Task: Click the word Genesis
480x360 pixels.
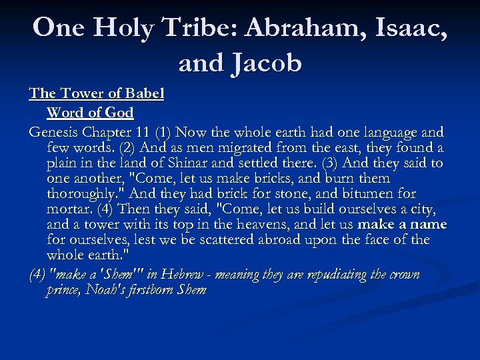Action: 55,131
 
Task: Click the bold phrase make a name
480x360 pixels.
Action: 401,225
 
